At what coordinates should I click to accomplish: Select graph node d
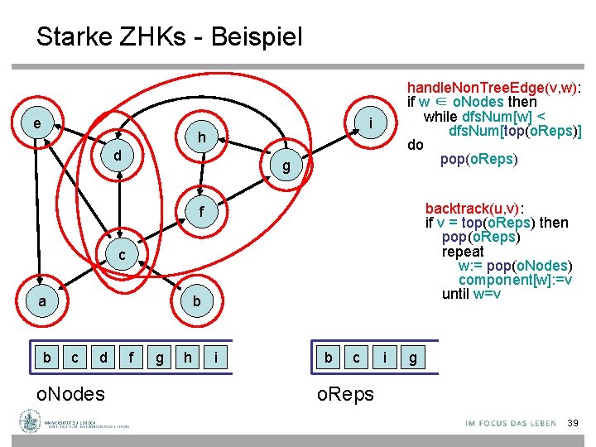tap(118, 155)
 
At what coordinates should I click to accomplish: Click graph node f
tap(201, 211)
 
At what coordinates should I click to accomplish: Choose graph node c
tap(121, 254)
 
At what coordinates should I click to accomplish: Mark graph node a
tap(42, 301)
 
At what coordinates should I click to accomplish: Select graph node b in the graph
tap(196, 301)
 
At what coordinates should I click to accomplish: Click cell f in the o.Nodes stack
tap(131, 358)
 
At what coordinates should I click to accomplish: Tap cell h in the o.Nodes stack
tap(188, 358)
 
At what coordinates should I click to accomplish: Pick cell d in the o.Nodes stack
tap(103, 358)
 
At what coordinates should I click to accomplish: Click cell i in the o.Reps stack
tap(385, 358)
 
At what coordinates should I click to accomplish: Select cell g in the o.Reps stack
tap(412, 358)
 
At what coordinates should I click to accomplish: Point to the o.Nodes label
tap(70, 394)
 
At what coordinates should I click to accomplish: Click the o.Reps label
tap(346, 394)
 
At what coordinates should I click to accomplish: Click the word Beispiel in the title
tap(257, 37)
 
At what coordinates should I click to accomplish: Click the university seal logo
tap(29, 424)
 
